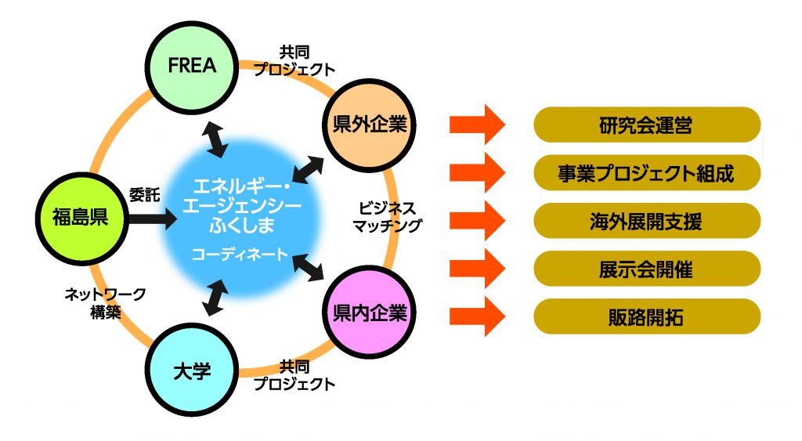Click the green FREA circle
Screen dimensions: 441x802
(192, 66)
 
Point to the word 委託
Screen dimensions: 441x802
(144, 195)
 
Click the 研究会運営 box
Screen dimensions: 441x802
(646, 125)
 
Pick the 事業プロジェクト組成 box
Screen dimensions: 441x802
(646, 173)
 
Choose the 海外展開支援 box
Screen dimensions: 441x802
(646, 221)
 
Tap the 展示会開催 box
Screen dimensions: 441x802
(646, 269)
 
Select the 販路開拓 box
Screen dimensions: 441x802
(646, 317)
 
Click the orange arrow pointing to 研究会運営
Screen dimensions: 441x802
(477, 125)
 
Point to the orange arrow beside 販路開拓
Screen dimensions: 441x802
(477, 317)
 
